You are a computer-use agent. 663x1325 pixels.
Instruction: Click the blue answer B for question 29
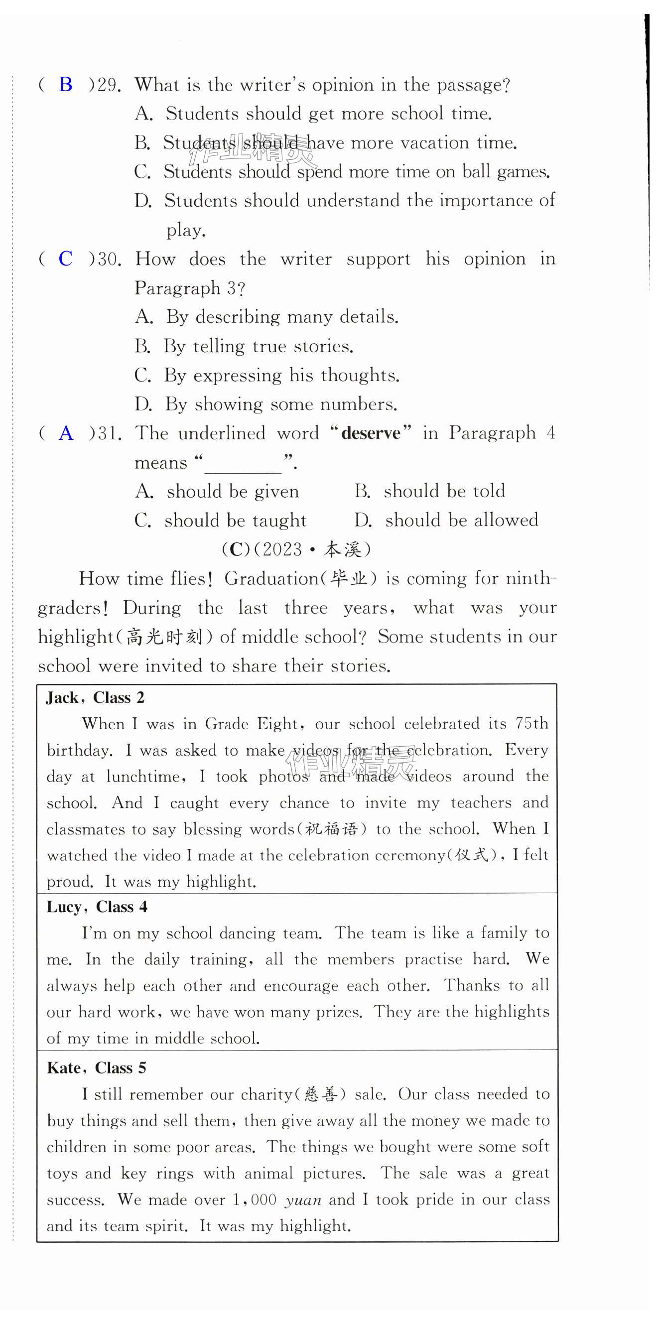pyautogui.click(x=66, y=84)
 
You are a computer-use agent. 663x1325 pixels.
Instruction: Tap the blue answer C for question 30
pyautogui.click(x=65, y=259)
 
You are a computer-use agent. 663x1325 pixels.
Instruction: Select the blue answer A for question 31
pyautogui.click(x=66, y=433)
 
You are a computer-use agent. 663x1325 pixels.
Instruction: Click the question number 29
pyautogui.click(x=109, y=85)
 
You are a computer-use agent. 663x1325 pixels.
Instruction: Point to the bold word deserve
pyautogui.click(x=370, y=433)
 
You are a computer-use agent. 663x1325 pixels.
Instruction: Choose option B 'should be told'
pyautogui.click(x=430, y=491)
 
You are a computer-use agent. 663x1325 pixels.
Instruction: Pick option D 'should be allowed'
pyautogui.click(x=446, y=521)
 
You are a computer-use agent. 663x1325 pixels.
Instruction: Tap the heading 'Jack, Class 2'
pyautogui.click(x=95, y=698)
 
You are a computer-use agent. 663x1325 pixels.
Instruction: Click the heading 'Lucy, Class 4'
pyautogui.click(x=97, y=907)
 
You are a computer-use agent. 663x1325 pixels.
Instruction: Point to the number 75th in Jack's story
pyautogui.click(x=532, y=724)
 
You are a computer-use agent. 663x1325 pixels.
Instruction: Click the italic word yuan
pyautogui.click(x=303, y=1200)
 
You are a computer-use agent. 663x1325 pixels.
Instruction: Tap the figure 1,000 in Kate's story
pyautogui.click(x=254, y=1200)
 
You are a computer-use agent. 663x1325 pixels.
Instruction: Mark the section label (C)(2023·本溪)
pyautogui.click(x=296, y=549)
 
